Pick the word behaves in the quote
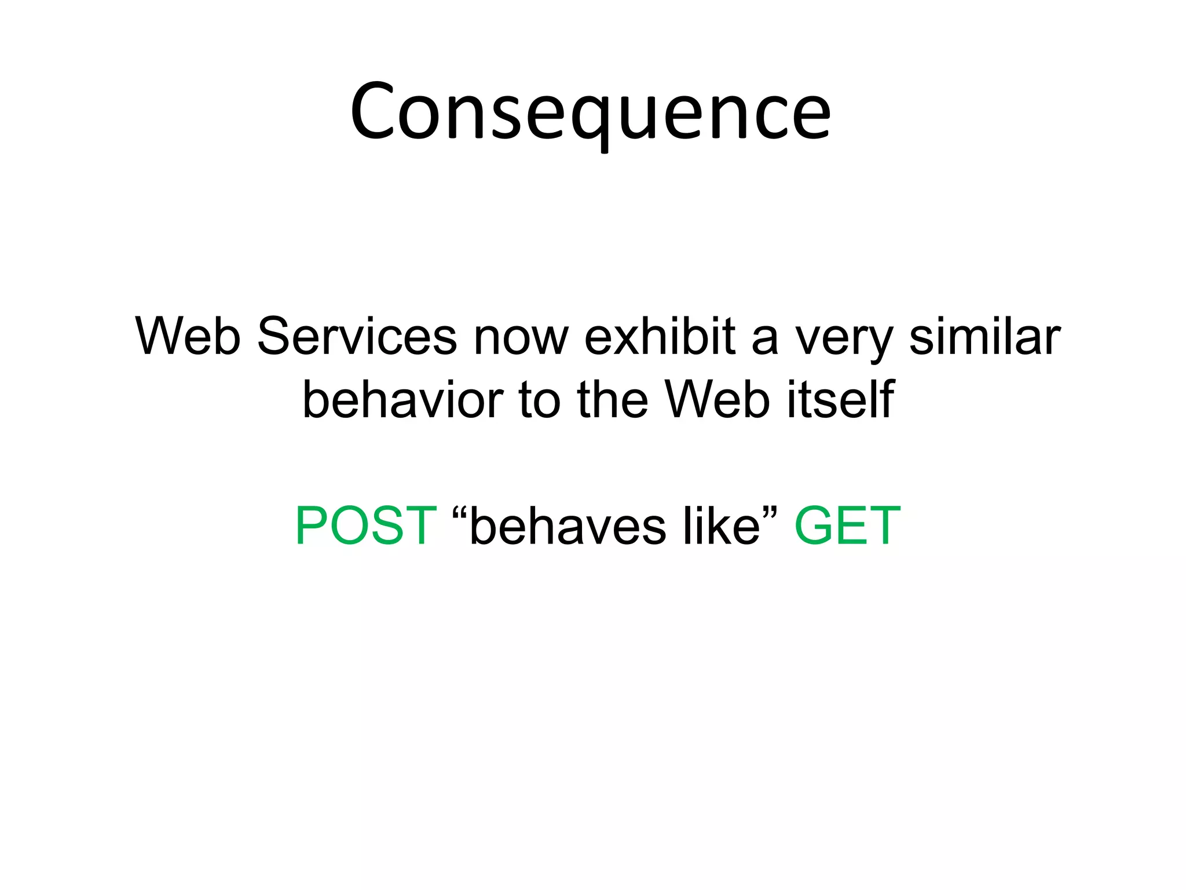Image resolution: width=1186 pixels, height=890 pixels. pos(568,526)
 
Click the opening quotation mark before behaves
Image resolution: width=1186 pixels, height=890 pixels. pos(460,513)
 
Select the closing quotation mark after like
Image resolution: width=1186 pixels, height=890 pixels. pos(771,513)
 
